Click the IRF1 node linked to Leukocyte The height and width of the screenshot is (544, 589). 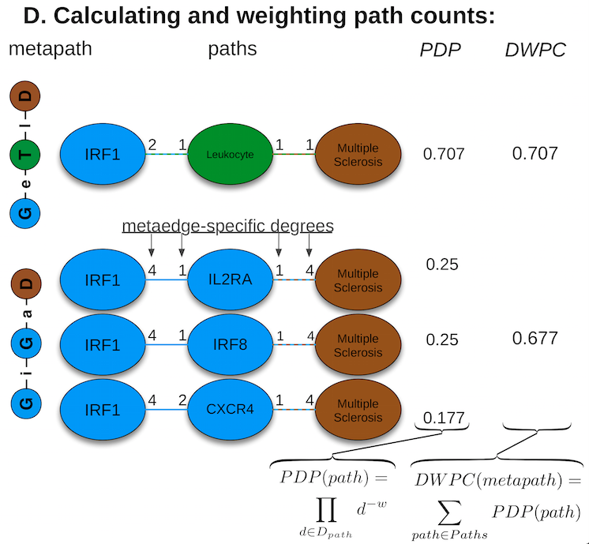[x=101, y=155]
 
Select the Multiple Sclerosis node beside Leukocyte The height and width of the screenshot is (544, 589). [x=358, y=155]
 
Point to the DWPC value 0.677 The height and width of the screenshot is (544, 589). [x=535, y=339]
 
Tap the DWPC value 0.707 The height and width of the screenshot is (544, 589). [x=535, y=153]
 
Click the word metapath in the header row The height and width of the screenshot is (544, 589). [x=51, y=49]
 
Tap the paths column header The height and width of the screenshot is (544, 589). [x=232, y=50]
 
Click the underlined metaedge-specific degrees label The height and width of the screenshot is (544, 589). [x=227, y=227]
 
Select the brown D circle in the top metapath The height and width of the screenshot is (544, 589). [x=26, y=96]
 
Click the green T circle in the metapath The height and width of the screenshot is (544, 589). [x=26, y=154]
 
